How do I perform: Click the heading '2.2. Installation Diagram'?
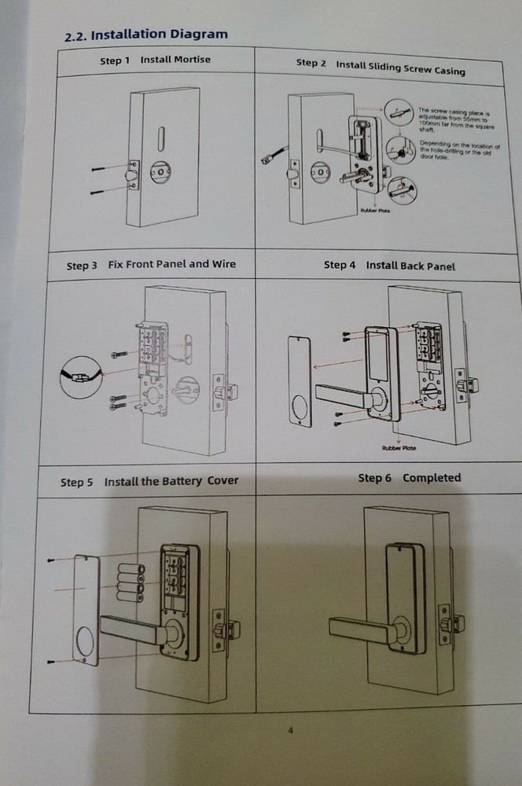(x=145, y=35)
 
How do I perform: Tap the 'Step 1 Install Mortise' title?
(x=155, y=60)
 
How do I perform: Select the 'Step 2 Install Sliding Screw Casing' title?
(x=380, y=66)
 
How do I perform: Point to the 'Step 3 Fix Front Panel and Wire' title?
(x=151, y=265)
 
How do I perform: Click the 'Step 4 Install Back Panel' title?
(x=389, y=266)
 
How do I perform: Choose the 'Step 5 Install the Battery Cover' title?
(x=149, y=481)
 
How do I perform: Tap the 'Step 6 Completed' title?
(x=409, y=478)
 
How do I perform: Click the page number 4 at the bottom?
(x=290, y=731)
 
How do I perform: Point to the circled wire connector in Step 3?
(x=79, y=378)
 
